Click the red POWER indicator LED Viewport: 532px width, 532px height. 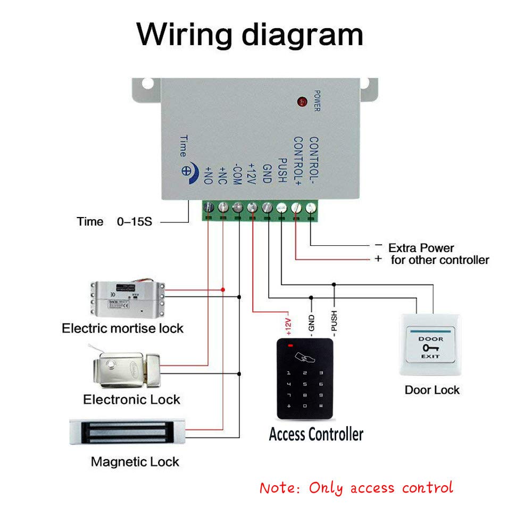pos(302,101)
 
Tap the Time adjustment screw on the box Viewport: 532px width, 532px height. pos(187,171)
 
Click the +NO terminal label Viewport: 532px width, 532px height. pos(208,173)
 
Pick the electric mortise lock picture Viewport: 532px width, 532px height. pos(127,297)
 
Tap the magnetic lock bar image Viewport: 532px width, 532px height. pos(127,431)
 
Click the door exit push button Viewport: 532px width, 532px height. pos(431,345)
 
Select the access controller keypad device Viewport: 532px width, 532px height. pos(305,378)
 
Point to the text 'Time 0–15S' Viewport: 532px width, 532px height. pos(114,222)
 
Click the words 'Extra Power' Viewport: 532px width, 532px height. pos(421,248)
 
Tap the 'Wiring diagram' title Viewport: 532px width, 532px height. pos(250,35)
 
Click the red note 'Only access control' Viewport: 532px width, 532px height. pos(356,487)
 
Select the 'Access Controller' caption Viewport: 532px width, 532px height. pos(316,434)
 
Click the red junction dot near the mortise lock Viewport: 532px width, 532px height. pos(223,289)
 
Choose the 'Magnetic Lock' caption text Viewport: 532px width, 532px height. pos(135,461)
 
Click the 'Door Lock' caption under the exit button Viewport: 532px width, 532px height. pos(432,390)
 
